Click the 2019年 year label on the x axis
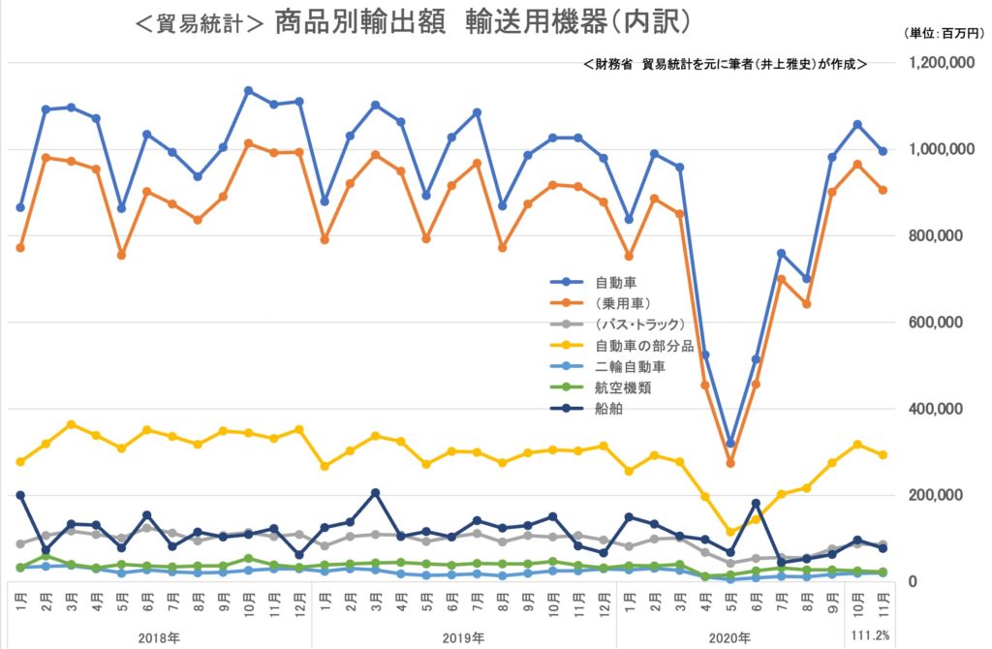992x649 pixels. tap(463, 637)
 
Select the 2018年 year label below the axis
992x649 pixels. tap(160, 637)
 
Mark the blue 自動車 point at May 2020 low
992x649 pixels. tap(730, 444)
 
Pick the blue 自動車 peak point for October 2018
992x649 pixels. tap(249, 91)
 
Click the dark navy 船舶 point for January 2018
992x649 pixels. tap(20, 495)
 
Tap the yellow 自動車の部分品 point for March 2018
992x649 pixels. tap(71, 424)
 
